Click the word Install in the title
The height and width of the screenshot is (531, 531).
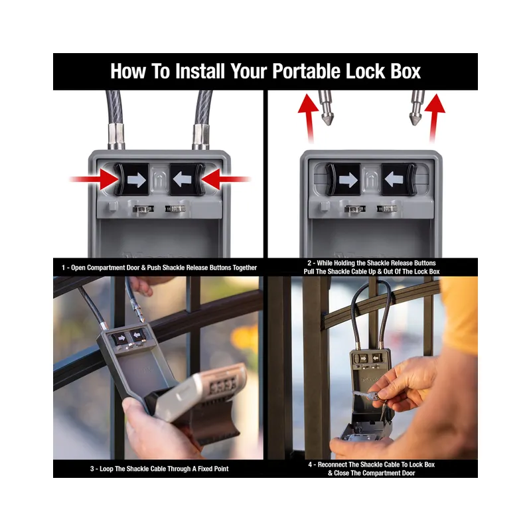pos(200,71)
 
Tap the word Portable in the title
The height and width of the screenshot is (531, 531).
pos(306,71)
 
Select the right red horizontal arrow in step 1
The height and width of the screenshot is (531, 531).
pos(226,179)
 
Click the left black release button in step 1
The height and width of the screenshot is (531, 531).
pos(131,179)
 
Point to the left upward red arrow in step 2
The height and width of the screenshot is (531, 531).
pos(308,118)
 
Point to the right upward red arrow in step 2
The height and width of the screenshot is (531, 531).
pos(435,118)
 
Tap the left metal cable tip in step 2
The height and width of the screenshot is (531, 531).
pos(326,108)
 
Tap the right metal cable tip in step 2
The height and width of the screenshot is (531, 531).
pos(417,108)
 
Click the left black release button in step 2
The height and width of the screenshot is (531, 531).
pos(343,179)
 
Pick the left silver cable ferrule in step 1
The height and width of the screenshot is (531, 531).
pos(116,137)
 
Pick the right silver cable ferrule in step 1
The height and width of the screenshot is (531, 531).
pos(201,137)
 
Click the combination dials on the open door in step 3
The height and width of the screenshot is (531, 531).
pos(223,386)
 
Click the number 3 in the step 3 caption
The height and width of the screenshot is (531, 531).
pos(92,469)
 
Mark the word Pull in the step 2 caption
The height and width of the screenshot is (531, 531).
pos(309,271)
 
